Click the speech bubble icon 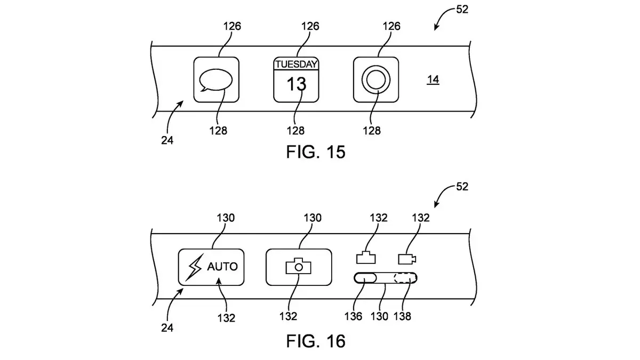point(215,81)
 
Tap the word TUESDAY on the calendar point(297,64)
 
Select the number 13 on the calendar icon point(297,84)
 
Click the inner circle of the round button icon point(375,79)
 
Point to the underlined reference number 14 point(433,79)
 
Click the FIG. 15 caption point(316,151)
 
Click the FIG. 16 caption point(316,341)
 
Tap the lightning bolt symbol point(195,267)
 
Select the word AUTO point(222,267)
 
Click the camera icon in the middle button point(298,266)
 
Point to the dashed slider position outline point(405,278)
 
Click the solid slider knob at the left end point(365,278)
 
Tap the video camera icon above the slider point(407,259)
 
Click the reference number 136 point(353,316)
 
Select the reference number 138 point(402,316)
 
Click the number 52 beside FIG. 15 point(462,10)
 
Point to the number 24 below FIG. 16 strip point(167,327)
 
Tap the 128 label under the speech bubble point(218,131)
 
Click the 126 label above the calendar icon point(310,26)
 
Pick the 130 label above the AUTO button point(226,218)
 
